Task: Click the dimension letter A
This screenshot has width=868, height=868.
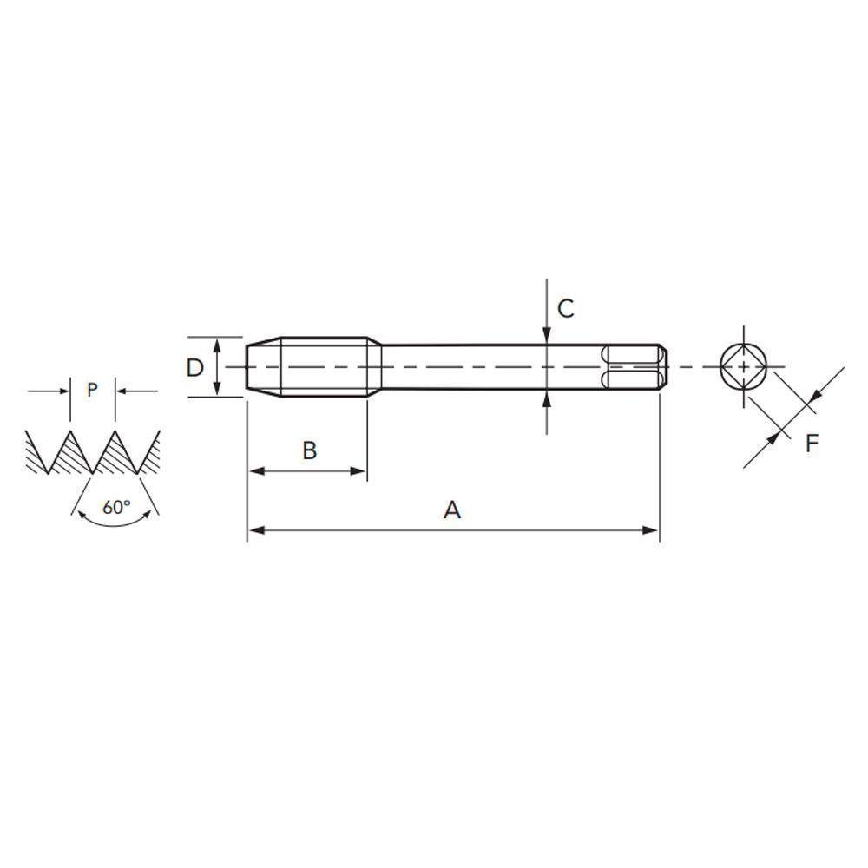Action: [451, 510]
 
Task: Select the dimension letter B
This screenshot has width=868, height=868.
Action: [309, 450]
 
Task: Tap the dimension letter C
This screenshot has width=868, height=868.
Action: [565, 308]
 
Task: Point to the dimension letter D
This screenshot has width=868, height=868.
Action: [194, 367]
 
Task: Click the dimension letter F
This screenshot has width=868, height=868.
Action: [812, 444]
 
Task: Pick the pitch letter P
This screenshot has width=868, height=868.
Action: [93, 391]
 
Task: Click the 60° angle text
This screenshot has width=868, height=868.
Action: [115, 507]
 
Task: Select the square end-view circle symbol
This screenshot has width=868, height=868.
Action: [744, 367]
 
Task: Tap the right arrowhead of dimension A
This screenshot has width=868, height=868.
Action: [651, 529]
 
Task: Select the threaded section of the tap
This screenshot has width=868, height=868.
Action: [325, 367]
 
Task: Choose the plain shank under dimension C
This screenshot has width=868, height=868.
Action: [486, 367]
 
